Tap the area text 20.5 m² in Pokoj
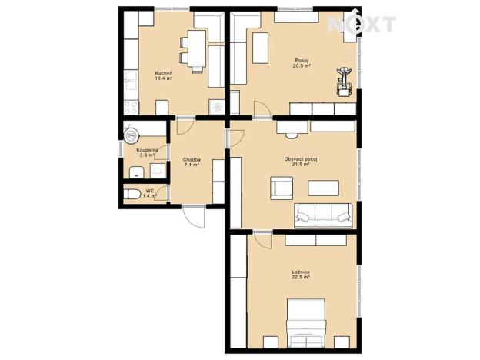click(302, 67)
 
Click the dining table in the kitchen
click(195, 50)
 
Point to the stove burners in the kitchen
click(130, 104)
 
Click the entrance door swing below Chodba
click(194, 217)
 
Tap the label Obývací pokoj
click(301, 159)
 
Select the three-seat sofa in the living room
click(323, 212)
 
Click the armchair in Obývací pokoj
click(280, 188)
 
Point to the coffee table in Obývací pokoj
click(323, 187)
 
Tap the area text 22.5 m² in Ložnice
click(301, 277)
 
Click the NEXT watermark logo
click(362, 25)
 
